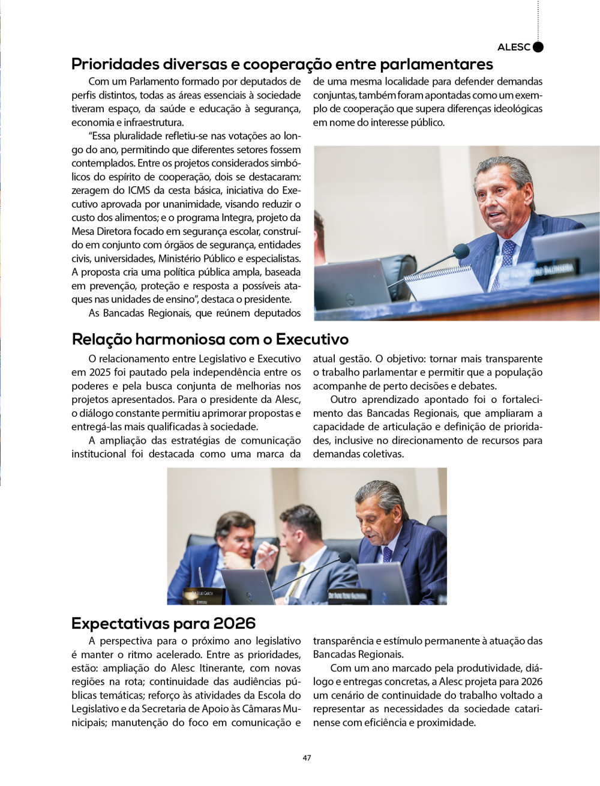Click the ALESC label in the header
tap(514, 47)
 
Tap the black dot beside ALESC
tap(538, 47)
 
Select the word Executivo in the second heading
tap(312, 339)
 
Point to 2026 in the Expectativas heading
tap(234, 623)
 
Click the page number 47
tap(307, 758)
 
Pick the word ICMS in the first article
tap(139, 190)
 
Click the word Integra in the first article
tap(237, 217)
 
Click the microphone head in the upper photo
tap(461, 250)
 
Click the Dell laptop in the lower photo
tap(248, 586)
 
